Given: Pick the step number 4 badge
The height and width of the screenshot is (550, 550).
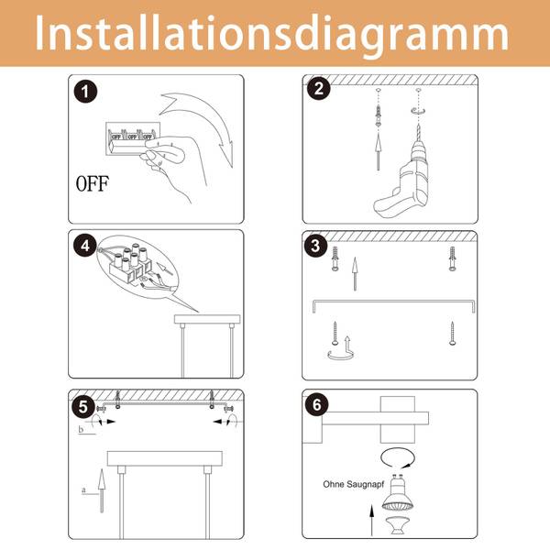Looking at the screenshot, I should (x=85, y=246).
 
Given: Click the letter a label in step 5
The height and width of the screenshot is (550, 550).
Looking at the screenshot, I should (x=83, y=489).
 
